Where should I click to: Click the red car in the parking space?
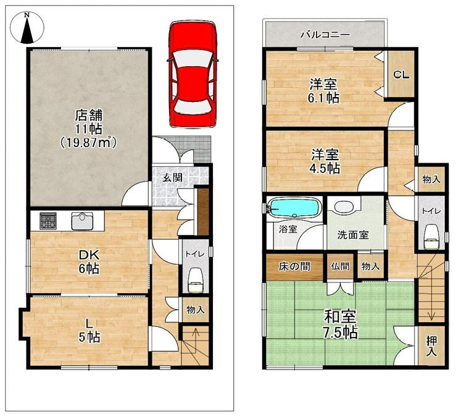click(x=193, y=74)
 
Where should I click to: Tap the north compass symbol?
click(x=27, y=28)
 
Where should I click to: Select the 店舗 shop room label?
click(x=89, y=116)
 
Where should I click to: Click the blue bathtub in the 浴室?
click(x=294, y=208)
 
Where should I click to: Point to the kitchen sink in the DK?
click(x=82, y=221)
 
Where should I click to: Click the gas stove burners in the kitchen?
click(x=48, y=220)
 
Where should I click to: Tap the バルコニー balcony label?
click(x=325, y=35)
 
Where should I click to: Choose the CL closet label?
click(x=401, y=75)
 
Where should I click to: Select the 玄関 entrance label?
click(x=172, y=177)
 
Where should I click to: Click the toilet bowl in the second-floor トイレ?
click(x=431, y=237)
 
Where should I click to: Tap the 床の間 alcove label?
click(x=294, y=266)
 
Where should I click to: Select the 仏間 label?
click(x=339, y=266)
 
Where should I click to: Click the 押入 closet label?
click(x=431, y=346)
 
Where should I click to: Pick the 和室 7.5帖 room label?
click(x=341, y=325)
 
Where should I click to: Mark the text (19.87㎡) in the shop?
click(x=89, y=142)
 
